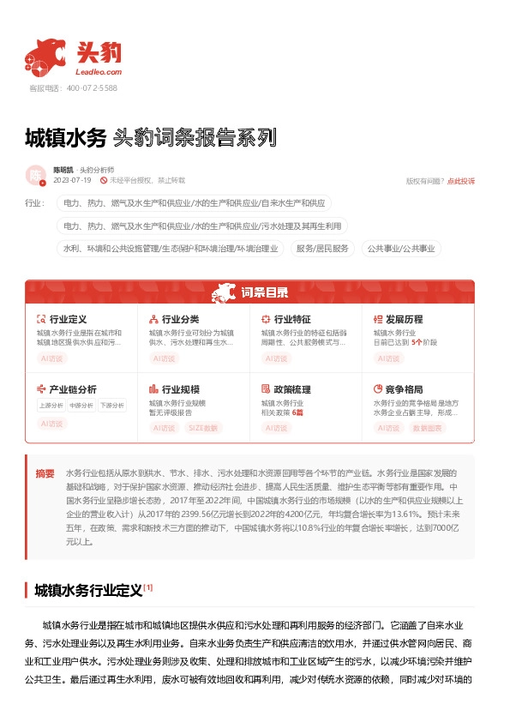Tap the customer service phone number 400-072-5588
point(92,87)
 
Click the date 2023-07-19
point(71,180)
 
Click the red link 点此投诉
point(461,181)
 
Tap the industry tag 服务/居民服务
point(323,249)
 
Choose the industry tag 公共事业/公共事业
point(401,249)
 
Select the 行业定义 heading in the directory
point(69,319)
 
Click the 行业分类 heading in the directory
point(181,319)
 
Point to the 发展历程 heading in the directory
point(405,319)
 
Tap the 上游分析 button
point(51,405)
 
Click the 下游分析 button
point(111,405)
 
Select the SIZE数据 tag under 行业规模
point(203,426)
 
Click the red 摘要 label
point(45,473)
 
